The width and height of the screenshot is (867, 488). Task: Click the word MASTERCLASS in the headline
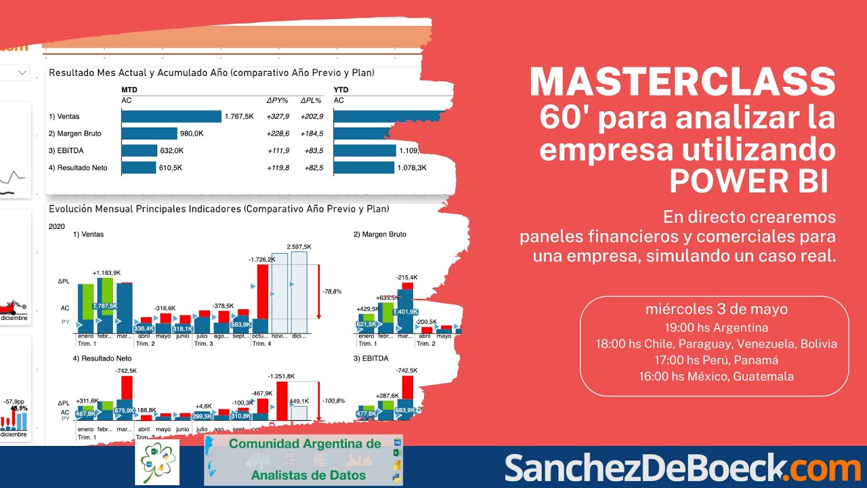pyautogui.click(x=682, y=82)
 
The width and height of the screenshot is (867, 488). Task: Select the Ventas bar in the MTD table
pyautogui.click(x=171, y=117)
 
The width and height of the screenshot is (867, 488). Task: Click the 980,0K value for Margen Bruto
pyautogui.click(x=192, y=134)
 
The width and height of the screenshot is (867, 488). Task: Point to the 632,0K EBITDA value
pyautogui.click(x=171, y=150)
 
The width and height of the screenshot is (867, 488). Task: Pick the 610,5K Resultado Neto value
pyautogui.click(x=169, y=167)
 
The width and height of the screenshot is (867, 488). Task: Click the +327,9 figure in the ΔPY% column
pyautogui.click(x=278, y=117)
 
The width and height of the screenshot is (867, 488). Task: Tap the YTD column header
pyautogui.click(x=341, y=89)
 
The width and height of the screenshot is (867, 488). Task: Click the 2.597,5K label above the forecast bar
pyautogui.click(x=299, y=247)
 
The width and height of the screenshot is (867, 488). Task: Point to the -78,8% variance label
pyautogui.click(x=332, y=291)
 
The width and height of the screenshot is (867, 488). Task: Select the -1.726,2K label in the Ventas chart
pyautogui.click(x=263, y=259)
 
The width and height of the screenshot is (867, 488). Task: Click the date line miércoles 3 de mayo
pyautogui.click(x=716, y=310)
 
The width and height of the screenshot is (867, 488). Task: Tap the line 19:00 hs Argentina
pyautogui.click(x=716, y=327)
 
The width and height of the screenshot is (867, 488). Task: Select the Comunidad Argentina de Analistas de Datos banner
pyautogui.click(x=303, y=460)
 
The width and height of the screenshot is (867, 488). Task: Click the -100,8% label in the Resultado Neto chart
pyautogui.click(x=332, y=400)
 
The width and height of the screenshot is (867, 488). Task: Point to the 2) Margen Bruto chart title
pyautogui.click(x=380, y=235)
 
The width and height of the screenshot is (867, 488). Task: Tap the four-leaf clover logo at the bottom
pyautogui.click(x=157, y=462)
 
